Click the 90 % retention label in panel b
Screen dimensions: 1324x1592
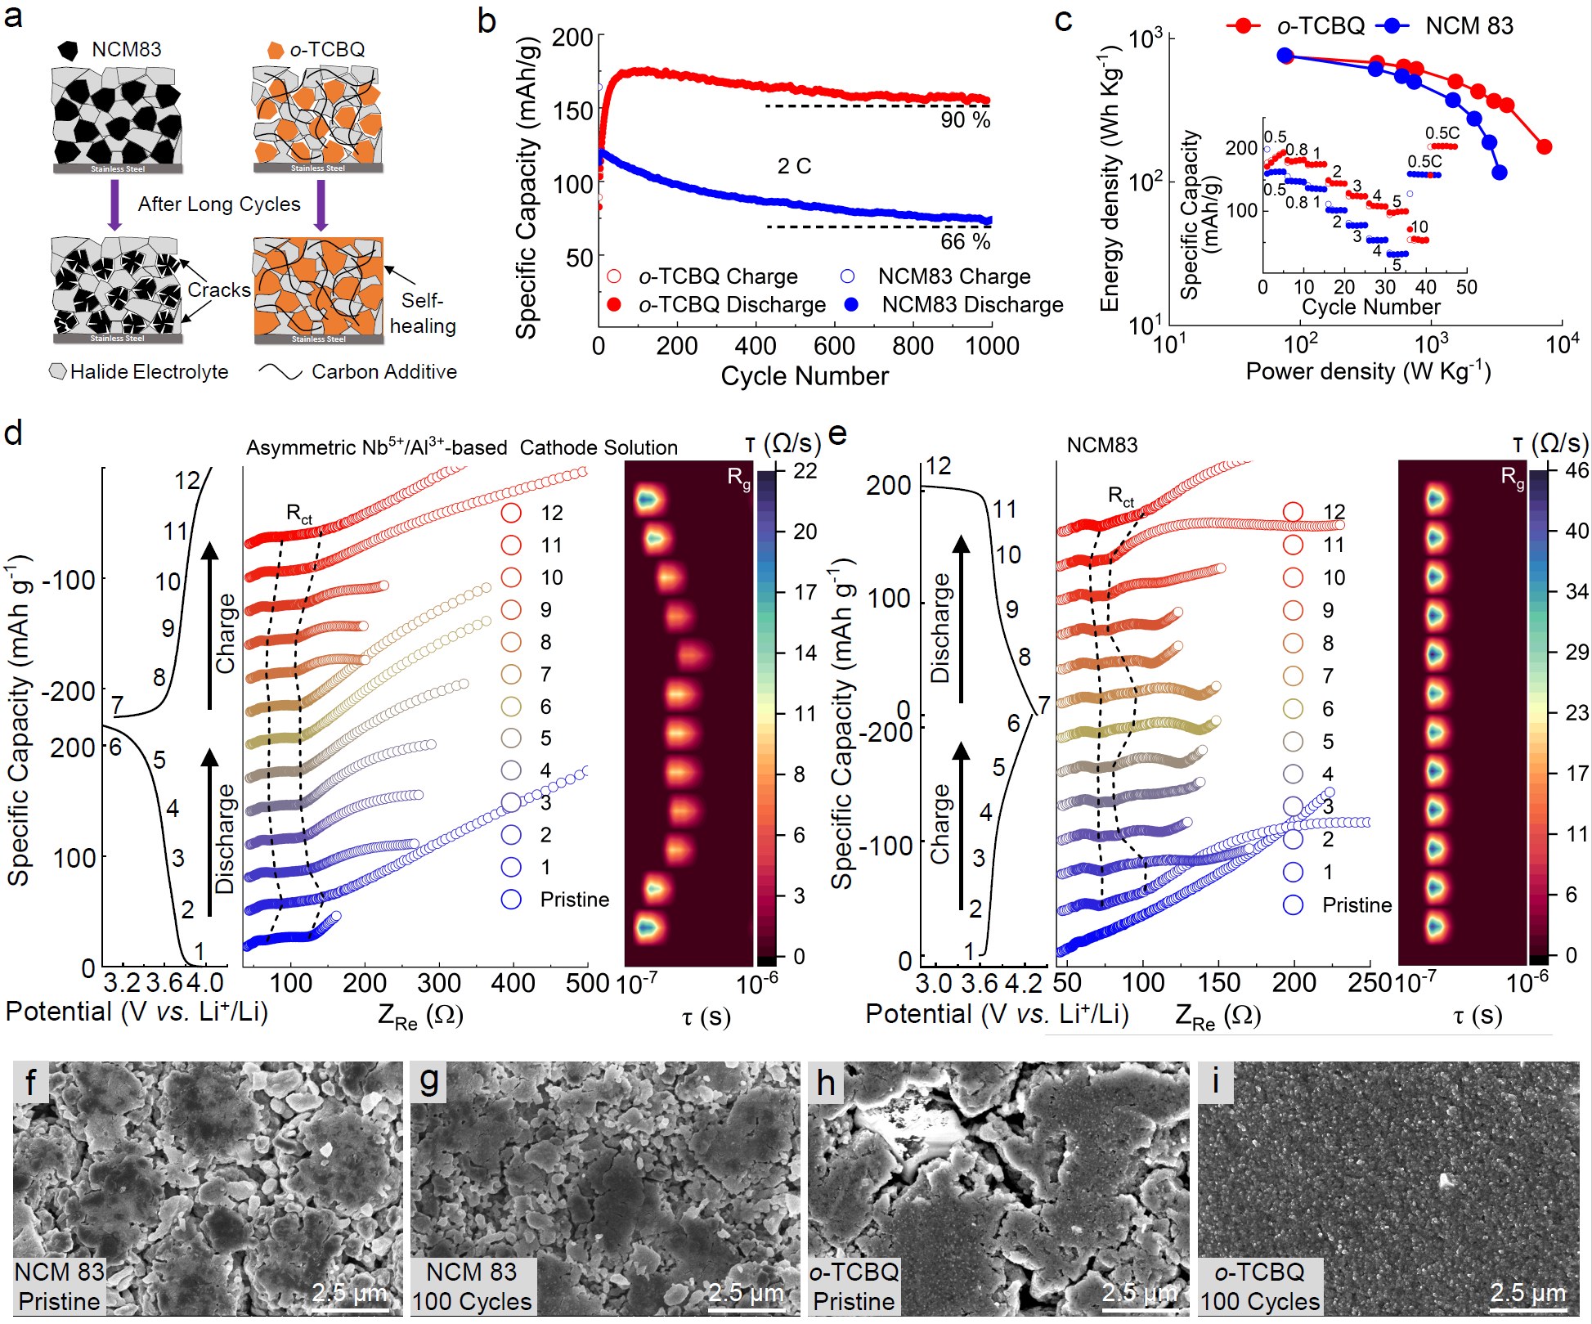(965, 120)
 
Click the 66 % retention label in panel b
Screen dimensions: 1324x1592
(965, 241)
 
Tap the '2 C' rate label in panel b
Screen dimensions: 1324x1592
(794, 166)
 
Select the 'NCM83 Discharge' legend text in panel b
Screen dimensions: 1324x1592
(972, 304)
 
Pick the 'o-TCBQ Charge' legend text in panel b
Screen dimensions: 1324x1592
(718, 276)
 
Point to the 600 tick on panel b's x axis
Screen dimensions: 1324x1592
(834, 346)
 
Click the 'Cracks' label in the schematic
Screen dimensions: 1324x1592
(218, 290)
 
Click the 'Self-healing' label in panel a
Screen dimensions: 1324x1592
(422, 313)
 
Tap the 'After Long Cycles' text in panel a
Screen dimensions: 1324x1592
(219, 204)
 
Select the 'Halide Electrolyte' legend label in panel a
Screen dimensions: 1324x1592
(149, 372)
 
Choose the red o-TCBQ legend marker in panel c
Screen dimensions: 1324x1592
(1244, 26)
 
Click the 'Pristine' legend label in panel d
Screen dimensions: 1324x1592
(575, 900)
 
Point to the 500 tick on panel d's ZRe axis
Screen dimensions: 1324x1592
(587, 983)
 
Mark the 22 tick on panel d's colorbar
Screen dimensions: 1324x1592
(805, 471)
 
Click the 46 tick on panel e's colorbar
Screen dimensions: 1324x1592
(1576, 470)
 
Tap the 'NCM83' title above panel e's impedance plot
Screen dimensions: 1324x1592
(1101, 446)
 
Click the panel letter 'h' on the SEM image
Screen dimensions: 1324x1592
(826, 1083)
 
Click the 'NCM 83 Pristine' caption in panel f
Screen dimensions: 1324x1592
(60, 1286)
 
